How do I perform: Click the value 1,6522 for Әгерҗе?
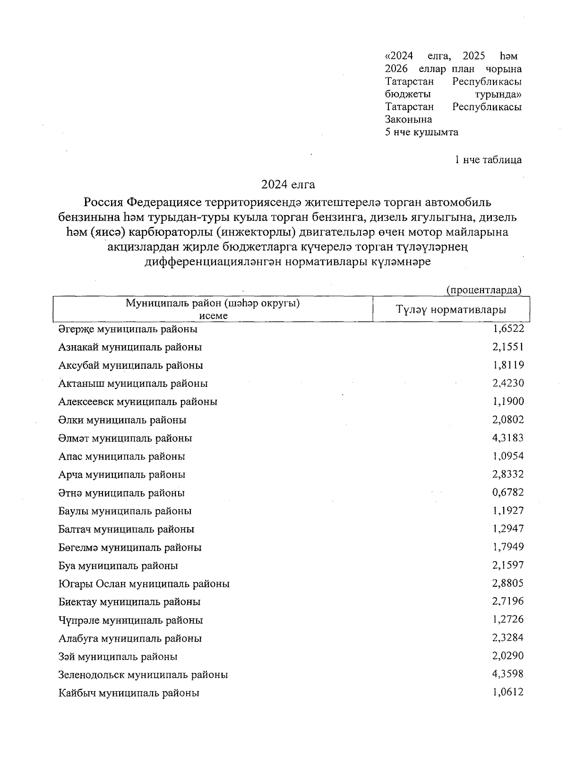508,329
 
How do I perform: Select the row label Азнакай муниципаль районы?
130,347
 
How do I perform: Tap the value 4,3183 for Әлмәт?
508,438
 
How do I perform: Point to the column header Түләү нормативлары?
451,310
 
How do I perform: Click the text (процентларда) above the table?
484,290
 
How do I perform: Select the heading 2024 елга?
288,183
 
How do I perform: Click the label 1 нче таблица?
488,160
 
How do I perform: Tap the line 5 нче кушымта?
421,132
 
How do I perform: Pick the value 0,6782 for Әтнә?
508,492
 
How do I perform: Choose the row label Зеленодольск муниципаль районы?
143,675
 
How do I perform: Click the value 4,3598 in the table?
508,674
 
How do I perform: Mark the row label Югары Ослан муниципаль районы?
144,584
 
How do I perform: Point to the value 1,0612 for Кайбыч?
508,692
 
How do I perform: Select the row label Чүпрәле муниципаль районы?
131,620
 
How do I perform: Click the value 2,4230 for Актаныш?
508,383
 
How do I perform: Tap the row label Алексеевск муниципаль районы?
138,402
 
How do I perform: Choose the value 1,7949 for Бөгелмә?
508,547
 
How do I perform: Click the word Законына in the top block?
408,120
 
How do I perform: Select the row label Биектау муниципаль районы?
129,602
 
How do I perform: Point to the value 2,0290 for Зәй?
508,656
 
